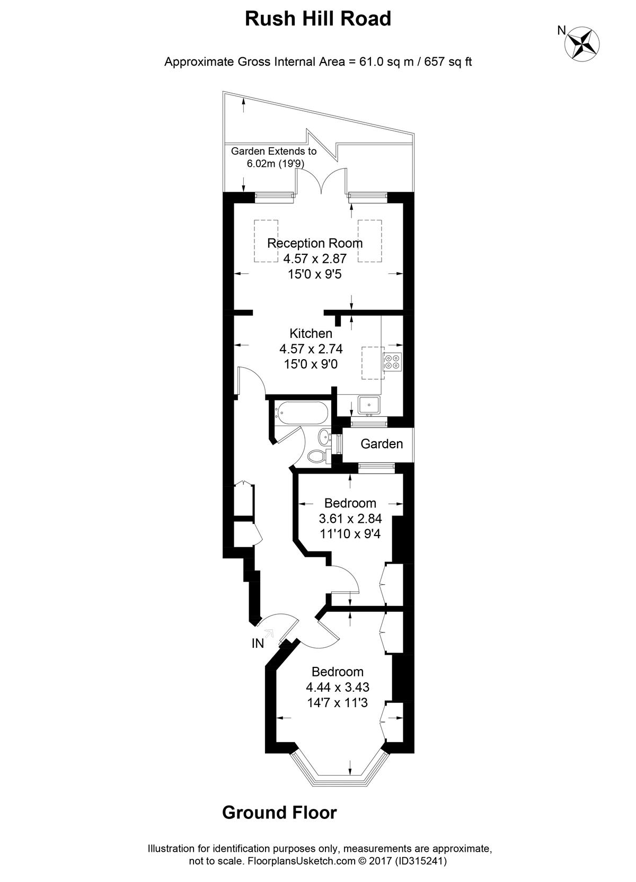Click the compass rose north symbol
point(582,44)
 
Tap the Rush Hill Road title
point(318,19)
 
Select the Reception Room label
point(315,243)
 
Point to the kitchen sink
point(369,406)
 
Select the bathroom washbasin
point(324,436)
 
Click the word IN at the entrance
point(258,644)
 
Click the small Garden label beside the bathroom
point(382,444)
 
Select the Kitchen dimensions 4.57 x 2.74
point(311,349)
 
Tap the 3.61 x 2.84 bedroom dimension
point(350,519)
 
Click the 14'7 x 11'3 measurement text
point(338,702)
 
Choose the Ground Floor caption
point(279,813)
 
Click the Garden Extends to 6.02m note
point(274,157)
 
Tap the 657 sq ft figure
point(448,62)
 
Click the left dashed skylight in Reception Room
point(266,241)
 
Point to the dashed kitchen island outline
point(373,363)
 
